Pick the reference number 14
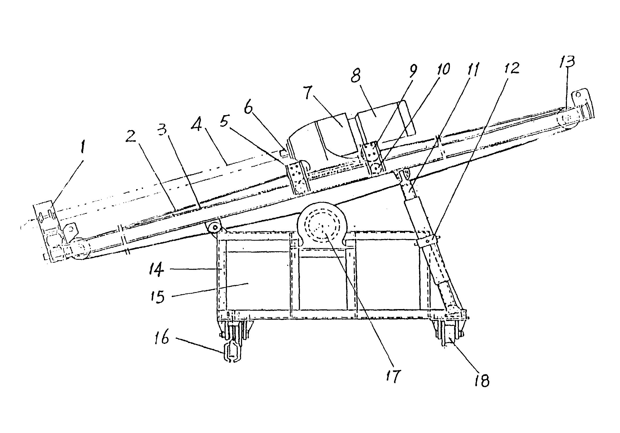pyautogui.click(x=157, y=270)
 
